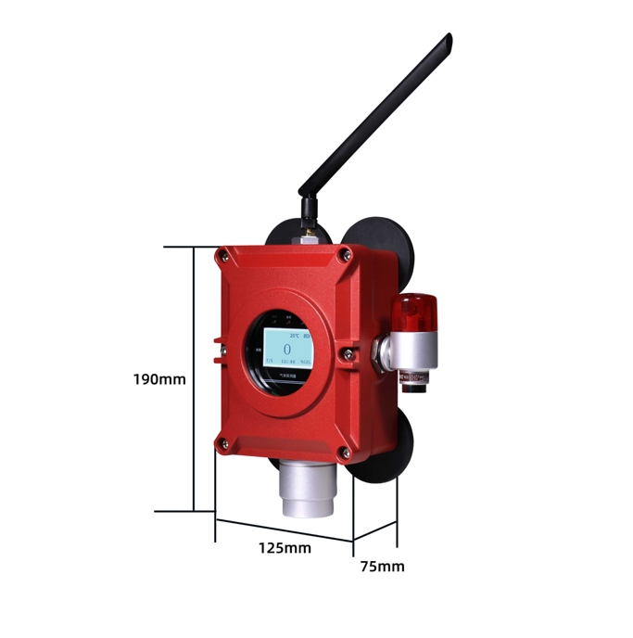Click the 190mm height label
(159, 378)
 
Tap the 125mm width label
(285, 547)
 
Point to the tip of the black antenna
(448, 38)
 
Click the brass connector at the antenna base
(305, 237)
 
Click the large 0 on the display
(286, 349)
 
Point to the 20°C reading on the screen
(295, 333)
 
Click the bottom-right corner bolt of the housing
(345, 453)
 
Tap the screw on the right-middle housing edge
(348, 353)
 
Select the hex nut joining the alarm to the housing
(379, 351)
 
